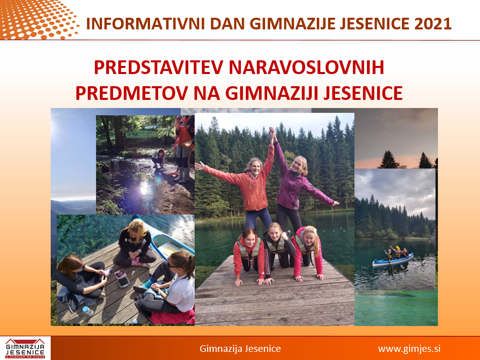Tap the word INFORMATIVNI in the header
pyautogui.click(x=145, y=23)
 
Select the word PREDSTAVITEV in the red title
pyautogui.click(x=158, y=67)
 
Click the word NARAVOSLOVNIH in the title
pyautogui.click(x=307, y=67)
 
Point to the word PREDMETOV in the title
pyautogui.click(x=132, y=93)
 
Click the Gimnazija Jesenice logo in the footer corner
pyautogui.click(x=25, y=348)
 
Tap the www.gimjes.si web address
pyautogui.click(x=409, y=349)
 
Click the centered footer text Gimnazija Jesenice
pyautogui.click(x=240, y=348)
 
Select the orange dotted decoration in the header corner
pyautogui.click(x=38, y=19)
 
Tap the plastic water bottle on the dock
pyautogui.click(x=88, y=311)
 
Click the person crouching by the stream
pyautogui.click(x=159, y=158)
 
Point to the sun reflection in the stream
pyautogui.click(x=144, y=188)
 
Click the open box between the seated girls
pyautogui.click(x=122, y=278)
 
